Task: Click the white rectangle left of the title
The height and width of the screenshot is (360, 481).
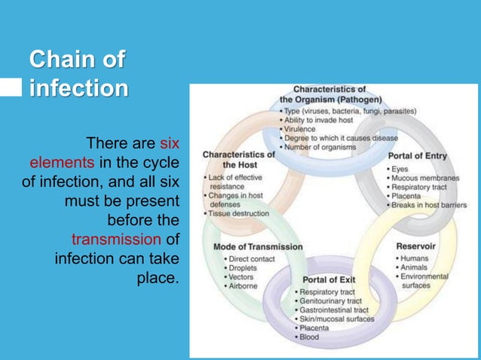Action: [11, 89]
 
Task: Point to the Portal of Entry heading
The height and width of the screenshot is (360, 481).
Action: [417, 156]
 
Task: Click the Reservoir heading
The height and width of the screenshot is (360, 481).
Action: [416, 246]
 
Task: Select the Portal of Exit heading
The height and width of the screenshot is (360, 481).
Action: [329, 280]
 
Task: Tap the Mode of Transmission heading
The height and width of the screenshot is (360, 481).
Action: [258, 246]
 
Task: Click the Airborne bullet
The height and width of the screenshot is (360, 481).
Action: [245, 286]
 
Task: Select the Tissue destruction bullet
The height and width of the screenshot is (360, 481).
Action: [239, 214]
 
